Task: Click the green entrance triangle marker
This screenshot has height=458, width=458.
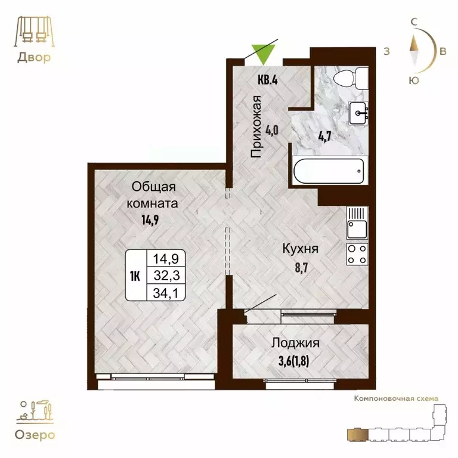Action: (x=262, y=52)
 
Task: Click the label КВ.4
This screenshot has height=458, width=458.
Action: (x=268, y=79)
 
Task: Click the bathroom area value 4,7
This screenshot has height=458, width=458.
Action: (x=324, y=134)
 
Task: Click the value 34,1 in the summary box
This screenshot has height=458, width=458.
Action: (x=166, y=292)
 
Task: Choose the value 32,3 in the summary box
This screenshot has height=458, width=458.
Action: (x=166, y=276)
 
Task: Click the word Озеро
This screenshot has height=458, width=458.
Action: (x=33, y=435)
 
